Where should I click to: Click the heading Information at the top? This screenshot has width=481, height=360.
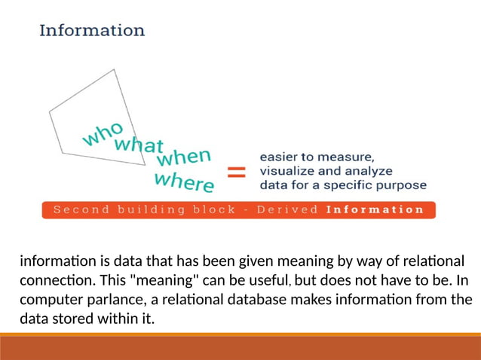pos(92,31)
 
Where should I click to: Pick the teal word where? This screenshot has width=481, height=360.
pos(184,182)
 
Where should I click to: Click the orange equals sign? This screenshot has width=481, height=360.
pos(236,172)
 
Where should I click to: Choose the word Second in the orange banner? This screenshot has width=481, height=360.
pos(80,209)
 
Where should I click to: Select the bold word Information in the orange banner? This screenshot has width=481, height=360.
pos(375,209)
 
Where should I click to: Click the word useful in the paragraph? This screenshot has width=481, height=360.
pos(265,281)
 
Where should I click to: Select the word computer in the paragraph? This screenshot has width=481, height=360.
pos(49,300)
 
